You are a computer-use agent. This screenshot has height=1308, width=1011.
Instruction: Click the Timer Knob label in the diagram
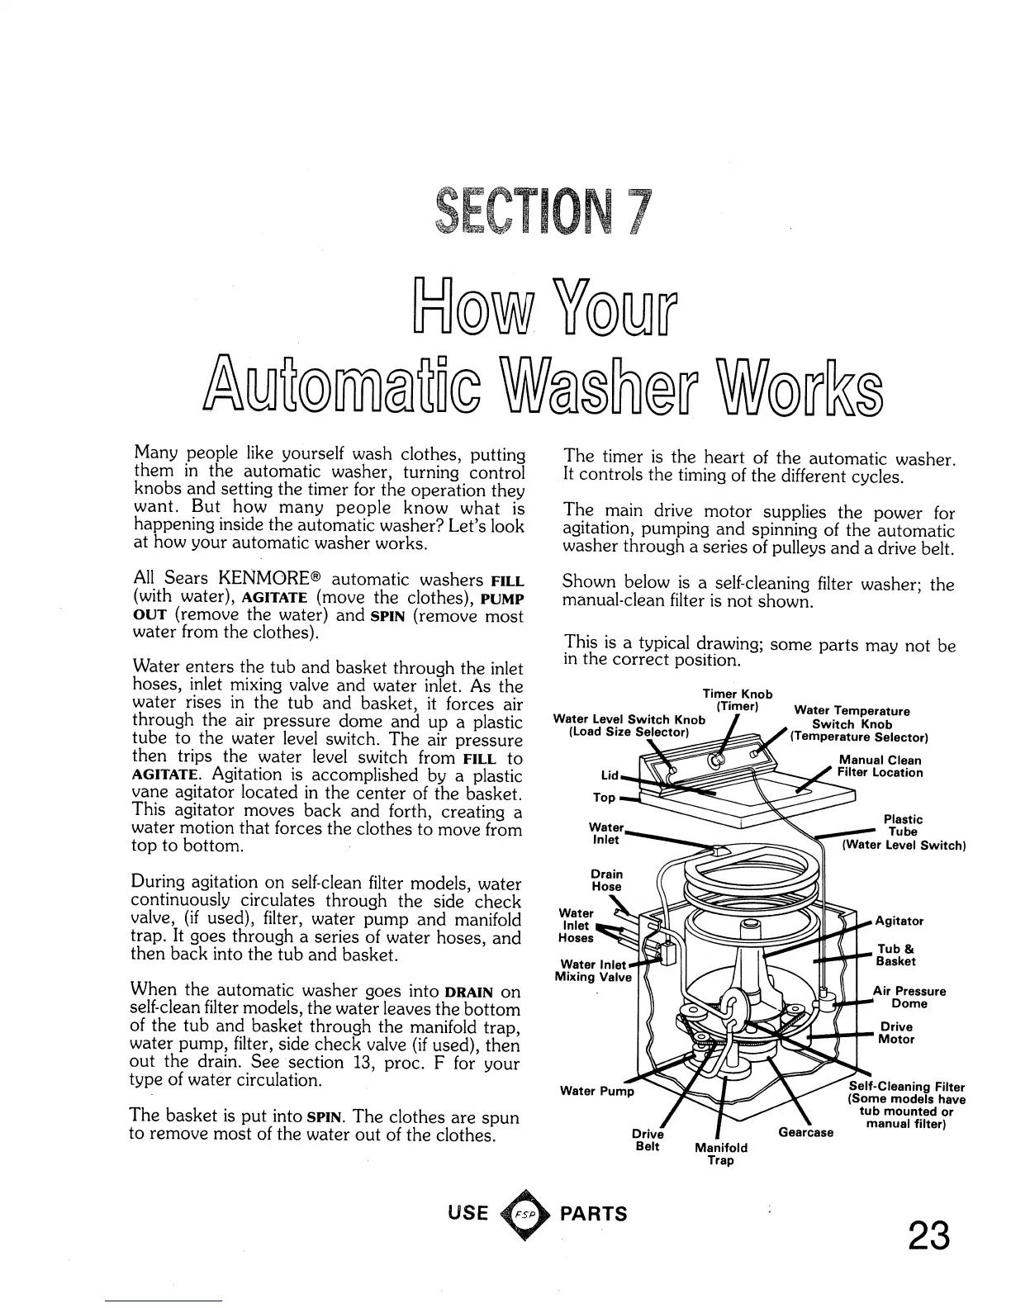coord(737,700)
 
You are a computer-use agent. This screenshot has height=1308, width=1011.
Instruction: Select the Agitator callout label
coord(899,921)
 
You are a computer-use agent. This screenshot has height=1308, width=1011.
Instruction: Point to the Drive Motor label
coord(895,1033)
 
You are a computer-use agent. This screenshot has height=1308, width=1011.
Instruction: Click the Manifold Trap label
coord(721,1154)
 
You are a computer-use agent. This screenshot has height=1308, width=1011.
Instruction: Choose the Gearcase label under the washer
coord(805,1132)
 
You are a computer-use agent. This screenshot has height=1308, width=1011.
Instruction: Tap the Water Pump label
coord(596,1091)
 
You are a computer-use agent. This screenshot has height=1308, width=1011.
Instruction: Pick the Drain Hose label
coord(607,880)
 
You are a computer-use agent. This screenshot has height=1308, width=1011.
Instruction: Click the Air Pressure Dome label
coord(909,997)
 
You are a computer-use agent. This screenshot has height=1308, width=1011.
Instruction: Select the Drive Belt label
coord(648,1140)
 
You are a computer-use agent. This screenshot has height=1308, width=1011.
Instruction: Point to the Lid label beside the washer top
coord(609,775)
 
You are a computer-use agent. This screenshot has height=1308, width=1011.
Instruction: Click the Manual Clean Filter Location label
coord(880,766)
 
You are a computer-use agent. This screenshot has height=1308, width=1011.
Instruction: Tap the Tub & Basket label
coord(895,955)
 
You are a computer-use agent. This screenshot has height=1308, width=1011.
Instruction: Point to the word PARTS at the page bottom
coord(594,1214)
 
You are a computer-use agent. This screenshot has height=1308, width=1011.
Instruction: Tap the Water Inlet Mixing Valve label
coord(593,970)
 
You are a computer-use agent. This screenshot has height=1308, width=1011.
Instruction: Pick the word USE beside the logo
coord(468,1213)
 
